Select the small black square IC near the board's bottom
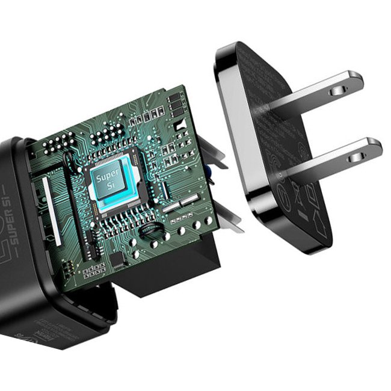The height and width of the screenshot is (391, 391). [x=117, y=260]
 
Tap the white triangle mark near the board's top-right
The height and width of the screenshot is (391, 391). [x=179, y=125]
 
